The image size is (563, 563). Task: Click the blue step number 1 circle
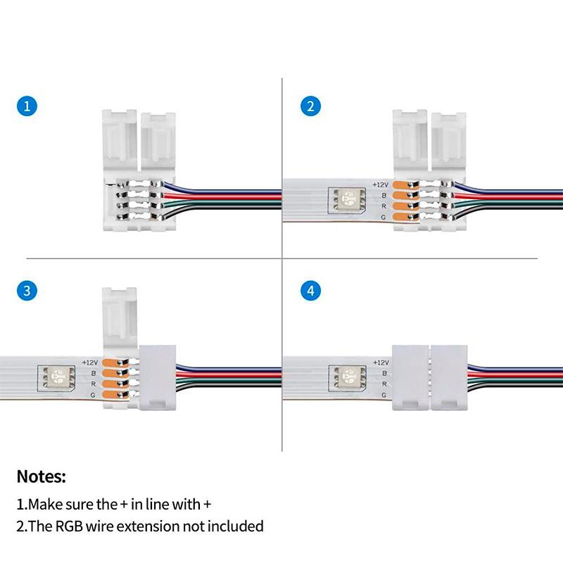(27, 107)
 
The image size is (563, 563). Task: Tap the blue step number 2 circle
(310, 107)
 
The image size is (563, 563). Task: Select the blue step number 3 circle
(27, 291)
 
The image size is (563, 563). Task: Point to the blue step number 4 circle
(310, 291)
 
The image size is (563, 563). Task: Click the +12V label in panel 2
(381, 183)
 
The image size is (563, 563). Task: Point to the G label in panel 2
(384, 218)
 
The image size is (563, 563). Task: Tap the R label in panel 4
(384, 384)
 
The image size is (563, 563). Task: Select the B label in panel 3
(94, 373)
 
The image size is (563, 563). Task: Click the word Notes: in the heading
(42, 476)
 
